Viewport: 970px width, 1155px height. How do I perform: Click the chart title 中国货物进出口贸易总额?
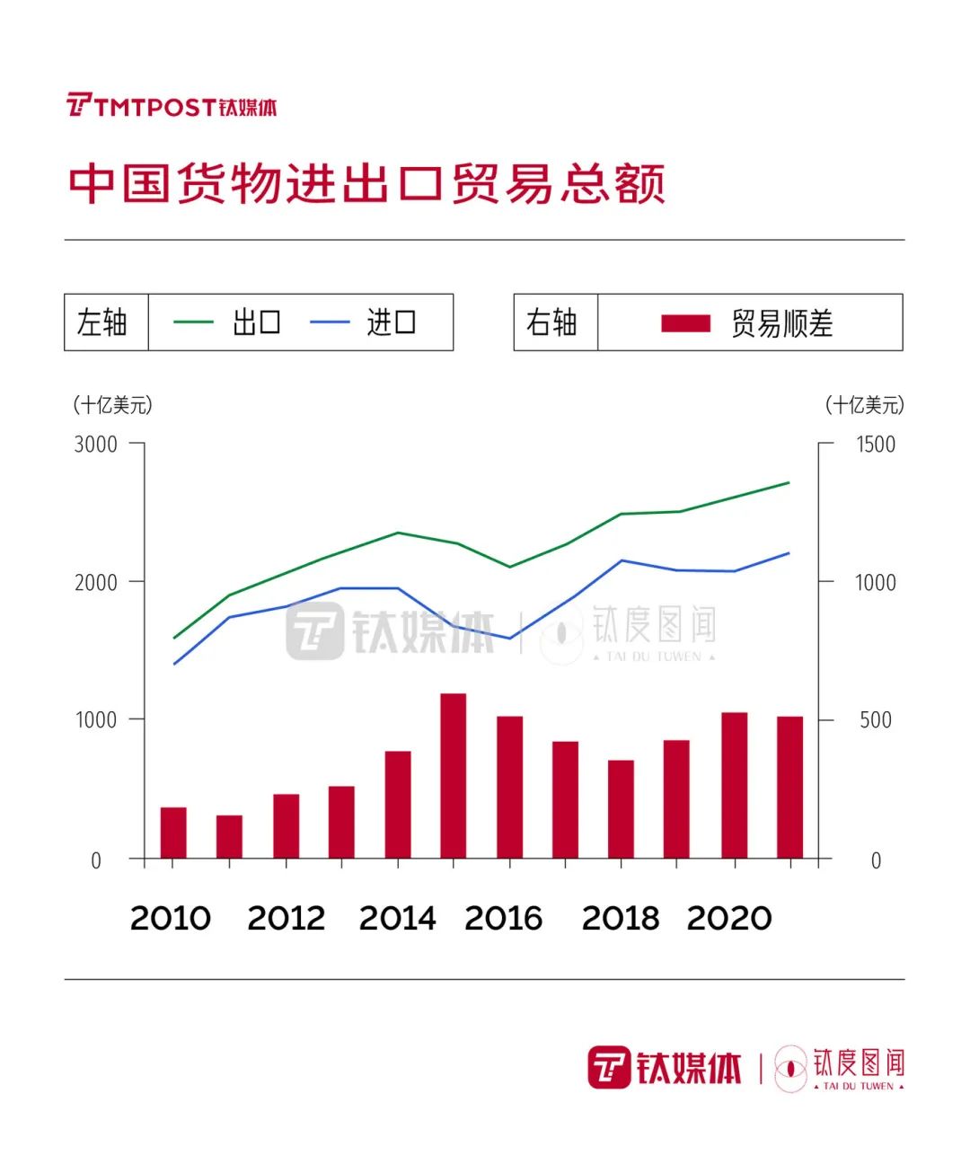[x=366, y=183]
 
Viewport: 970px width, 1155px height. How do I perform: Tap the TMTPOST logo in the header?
[x=172, y=106]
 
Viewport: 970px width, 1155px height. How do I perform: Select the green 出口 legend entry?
[x=228, y=322]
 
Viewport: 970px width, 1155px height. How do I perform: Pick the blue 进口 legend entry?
[x=364, y=322]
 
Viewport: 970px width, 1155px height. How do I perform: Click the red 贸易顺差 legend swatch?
[x=685, y=323]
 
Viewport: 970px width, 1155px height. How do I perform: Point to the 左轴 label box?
[x=106, y=322]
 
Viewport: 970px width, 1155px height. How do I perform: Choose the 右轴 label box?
[x=555, y=322]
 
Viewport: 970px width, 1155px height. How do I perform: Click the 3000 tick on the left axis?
[x=96, y=444]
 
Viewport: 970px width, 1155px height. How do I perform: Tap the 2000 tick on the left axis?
[x=96, y=582]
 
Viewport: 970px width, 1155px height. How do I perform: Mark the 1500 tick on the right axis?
[x=875, y=444]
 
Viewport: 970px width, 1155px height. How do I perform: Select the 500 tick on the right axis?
[x=875, y=720]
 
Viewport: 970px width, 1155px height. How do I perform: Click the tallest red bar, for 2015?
[x=454, y=776]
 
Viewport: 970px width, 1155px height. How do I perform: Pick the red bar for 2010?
[x=173, y=833]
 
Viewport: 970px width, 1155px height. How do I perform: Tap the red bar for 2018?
[x=621, y=809]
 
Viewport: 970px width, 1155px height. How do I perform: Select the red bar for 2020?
[x=734, y=786]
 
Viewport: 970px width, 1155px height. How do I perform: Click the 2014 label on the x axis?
[x=397, y=918]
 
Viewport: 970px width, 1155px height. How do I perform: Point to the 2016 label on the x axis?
[x=503, y=918]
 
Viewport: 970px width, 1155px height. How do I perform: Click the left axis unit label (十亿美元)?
[x=113, y=405]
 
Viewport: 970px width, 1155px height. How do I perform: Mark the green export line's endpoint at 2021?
[x=789, y=483]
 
